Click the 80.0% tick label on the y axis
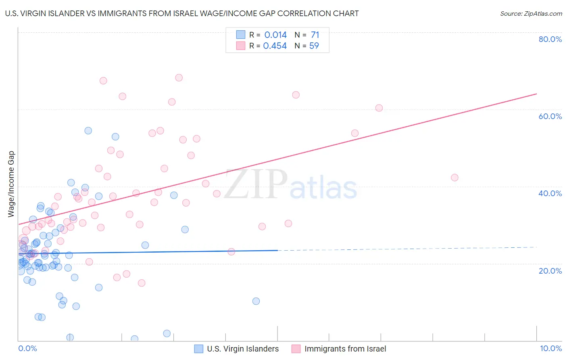[550, 39]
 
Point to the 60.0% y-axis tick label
[550, 116]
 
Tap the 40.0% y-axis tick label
[550, 193]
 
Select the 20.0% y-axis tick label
[550, 271]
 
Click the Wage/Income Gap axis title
[11, 184]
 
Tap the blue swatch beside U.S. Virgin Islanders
[199, 349]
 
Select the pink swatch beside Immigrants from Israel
[296, 349]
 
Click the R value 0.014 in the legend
[275, 35]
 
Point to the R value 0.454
[275, 46]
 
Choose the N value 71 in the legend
[315, 35]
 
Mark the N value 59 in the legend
[314, 46]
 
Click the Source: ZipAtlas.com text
[531, 14]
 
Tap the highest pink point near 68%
[179, 77]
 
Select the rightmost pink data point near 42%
[454, 178]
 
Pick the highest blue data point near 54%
[88, 131]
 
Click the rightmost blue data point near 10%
[256, 301]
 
